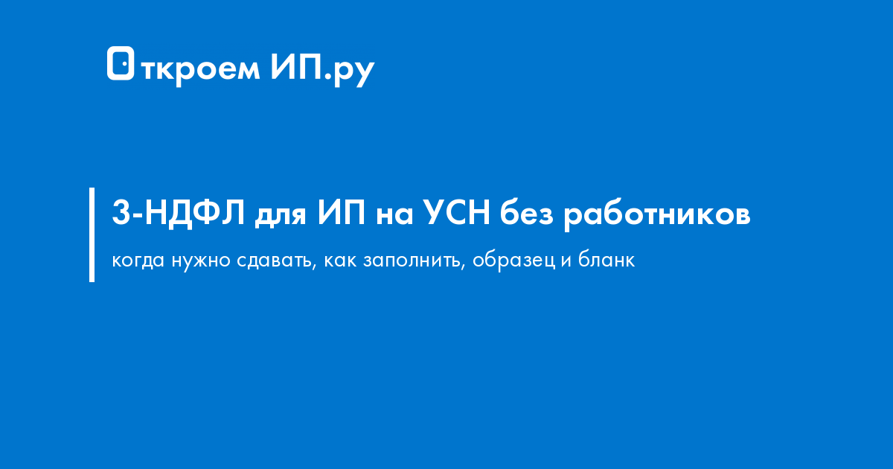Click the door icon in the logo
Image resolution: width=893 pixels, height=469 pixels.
121,64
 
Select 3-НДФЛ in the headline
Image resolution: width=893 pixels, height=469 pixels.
179,214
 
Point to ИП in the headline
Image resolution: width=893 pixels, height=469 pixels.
341,214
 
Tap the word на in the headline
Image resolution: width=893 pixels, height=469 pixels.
394,216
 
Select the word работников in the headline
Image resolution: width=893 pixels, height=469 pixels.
656,216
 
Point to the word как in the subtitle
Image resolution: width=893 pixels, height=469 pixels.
338,262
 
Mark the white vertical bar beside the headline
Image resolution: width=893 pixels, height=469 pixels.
92,234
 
